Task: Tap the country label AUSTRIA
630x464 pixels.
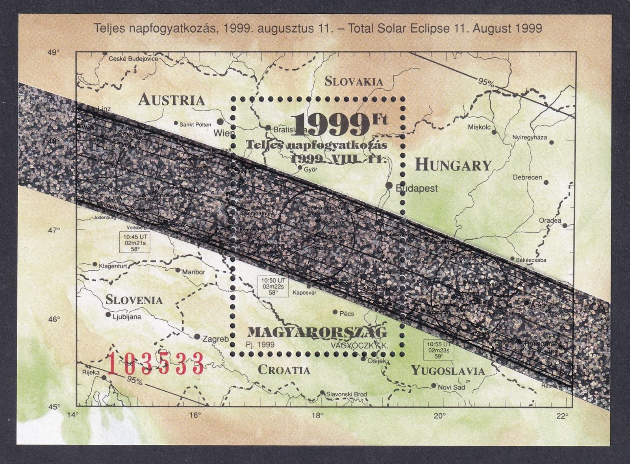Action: [172, 100]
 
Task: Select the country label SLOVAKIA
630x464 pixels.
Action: [354, 81]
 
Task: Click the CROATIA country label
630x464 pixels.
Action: [284, 370]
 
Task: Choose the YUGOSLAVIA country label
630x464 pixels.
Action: [448, 370]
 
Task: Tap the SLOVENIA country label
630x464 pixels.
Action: [134, 300]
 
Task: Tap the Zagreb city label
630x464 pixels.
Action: [215, 339]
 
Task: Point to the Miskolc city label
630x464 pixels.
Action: [479, 127]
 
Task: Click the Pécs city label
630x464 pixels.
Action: [346, 314]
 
